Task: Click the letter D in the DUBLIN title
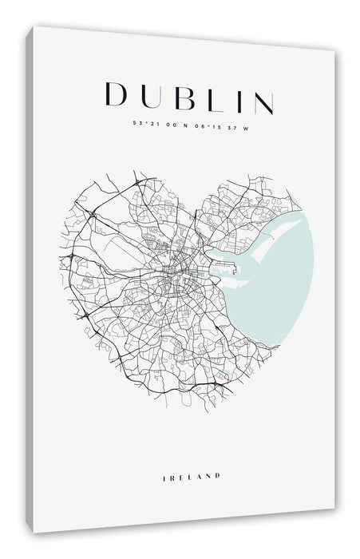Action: point(117,95)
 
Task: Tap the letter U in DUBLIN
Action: point(151,95)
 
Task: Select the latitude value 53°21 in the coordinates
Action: point(144,124)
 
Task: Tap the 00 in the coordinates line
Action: point(170,124)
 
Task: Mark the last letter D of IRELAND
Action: point(216,454)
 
